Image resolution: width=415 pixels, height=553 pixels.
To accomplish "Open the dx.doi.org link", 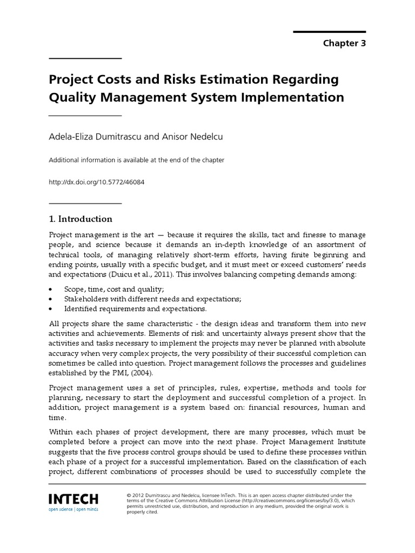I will (x=97, y=182).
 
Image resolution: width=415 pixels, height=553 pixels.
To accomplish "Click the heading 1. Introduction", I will (x=81, y=219).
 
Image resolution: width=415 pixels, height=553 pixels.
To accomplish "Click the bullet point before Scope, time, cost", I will (x=51, y=289).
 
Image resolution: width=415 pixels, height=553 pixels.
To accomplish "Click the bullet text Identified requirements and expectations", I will (x=135, y=308).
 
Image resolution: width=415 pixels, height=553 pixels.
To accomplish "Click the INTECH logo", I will (x=73, y=498).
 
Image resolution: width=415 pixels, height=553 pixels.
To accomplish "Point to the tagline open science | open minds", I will (x=73, y=509).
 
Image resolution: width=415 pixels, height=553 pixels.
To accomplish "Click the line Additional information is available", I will (x=137, y=160).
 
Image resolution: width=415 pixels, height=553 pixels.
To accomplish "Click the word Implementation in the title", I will (x=291, y=97).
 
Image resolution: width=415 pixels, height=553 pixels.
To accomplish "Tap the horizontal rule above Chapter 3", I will (x=330, y=32).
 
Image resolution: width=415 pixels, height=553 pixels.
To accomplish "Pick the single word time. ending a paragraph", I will (x=58, y=417).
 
